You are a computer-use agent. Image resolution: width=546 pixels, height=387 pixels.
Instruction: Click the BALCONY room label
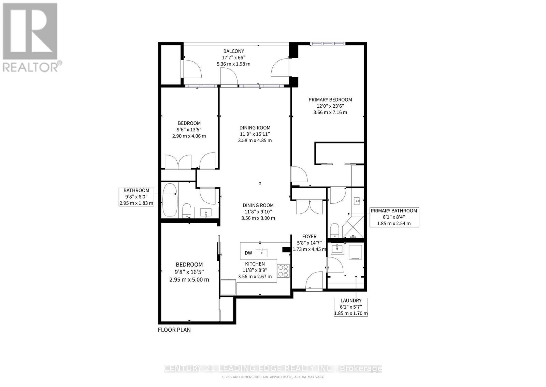[233, 51]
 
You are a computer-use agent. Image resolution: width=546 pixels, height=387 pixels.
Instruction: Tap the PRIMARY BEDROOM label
[330, 99]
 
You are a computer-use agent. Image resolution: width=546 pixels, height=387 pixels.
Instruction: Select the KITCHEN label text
[255, 264]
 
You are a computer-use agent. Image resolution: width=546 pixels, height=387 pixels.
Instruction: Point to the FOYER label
[309, 236]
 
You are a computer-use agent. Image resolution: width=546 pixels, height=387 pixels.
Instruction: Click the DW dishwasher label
[248, 253]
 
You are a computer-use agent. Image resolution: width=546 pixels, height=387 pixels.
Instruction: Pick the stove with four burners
[283, 271]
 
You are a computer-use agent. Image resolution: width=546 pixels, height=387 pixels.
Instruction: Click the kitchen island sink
[261, 252]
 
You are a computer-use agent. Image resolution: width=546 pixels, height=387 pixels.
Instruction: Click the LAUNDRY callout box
[351, 307]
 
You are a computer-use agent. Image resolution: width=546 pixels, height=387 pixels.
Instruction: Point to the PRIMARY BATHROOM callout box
[394, 217]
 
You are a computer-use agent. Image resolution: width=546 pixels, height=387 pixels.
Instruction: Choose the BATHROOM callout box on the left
[136, 197]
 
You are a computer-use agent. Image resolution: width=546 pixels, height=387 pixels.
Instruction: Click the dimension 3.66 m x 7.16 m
[330, 112]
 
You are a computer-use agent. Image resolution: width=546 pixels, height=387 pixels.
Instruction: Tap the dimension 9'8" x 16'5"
[189, 272]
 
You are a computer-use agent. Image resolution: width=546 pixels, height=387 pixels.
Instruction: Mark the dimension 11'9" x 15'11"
[255, 134]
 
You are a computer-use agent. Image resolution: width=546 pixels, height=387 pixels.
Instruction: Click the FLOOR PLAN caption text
[174, 330]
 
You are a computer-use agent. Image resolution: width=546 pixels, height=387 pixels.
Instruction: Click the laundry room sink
[337, 249]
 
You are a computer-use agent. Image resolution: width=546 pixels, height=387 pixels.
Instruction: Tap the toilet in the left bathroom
[187, 211]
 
